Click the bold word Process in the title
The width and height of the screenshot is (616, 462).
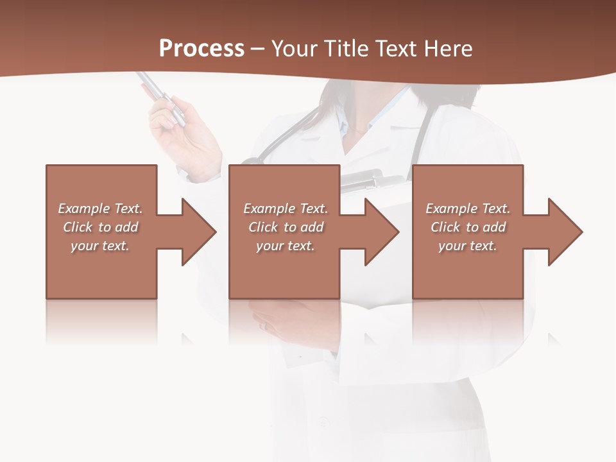pos(201,49)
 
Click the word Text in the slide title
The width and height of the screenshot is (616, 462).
pos(395,49)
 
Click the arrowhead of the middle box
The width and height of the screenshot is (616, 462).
pos(381,232)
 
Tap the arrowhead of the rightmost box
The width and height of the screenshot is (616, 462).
pos(565,232)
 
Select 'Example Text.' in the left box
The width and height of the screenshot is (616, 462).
pos(100,209)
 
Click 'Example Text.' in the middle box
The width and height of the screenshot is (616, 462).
pos(285,209)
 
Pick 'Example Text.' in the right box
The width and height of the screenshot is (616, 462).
pos(468,209)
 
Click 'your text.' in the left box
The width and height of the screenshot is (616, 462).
pos(100,246)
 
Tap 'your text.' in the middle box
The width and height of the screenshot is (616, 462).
pos(285,246)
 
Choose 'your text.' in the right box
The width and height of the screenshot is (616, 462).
pos(468,246)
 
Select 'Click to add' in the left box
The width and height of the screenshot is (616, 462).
pos(100,227)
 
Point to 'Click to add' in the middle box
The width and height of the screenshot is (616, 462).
pos(285,227)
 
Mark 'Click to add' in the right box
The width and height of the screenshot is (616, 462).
pos(468,227)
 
